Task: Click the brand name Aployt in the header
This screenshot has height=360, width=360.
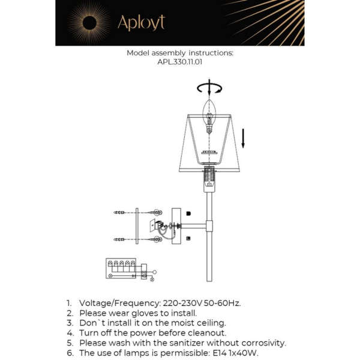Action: pyautogui.click(x=141, y=23)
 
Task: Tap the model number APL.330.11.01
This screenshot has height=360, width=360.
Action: pyautogui.click(x=179, y=61)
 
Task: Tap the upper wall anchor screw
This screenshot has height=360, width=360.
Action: pyautogui.click(x=122, y=212)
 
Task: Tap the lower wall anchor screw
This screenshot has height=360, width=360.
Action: pyautogui.click(x=122, y=240)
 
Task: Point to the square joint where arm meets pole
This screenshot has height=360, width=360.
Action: pyautogui.click(x=209, y=226)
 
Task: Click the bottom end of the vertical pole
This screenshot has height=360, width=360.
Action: pyautogui.click(x=209, y=280)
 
